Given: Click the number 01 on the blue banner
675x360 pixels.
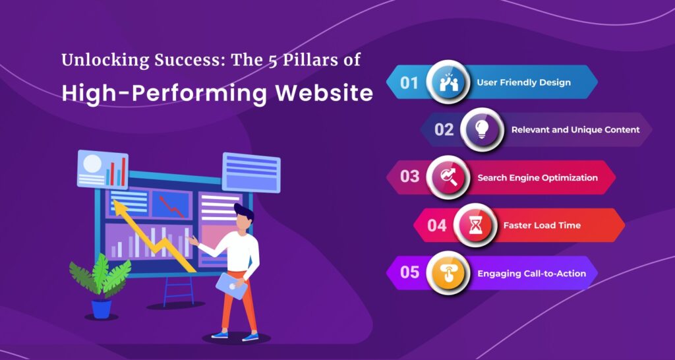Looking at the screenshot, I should coord(409,83).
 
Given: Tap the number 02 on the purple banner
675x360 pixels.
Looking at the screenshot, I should coord(444,130).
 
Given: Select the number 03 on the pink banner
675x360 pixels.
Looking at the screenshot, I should coord(409,177).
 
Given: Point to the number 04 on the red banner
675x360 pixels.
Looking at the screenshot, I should coord(436,225).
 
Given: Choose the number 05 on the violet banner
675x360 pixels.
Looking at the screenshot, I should coord(409,272).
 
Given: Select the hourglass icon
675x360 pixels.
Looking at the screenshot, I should coord(475,225).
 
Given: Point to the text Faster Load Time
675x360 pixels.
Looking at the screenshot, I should coord(542,225).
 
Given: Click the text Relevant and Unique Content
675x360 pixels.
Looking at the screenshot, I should coord(575,130).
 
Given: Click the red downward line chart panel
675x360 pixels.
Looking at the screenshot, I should coord(171,204).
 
